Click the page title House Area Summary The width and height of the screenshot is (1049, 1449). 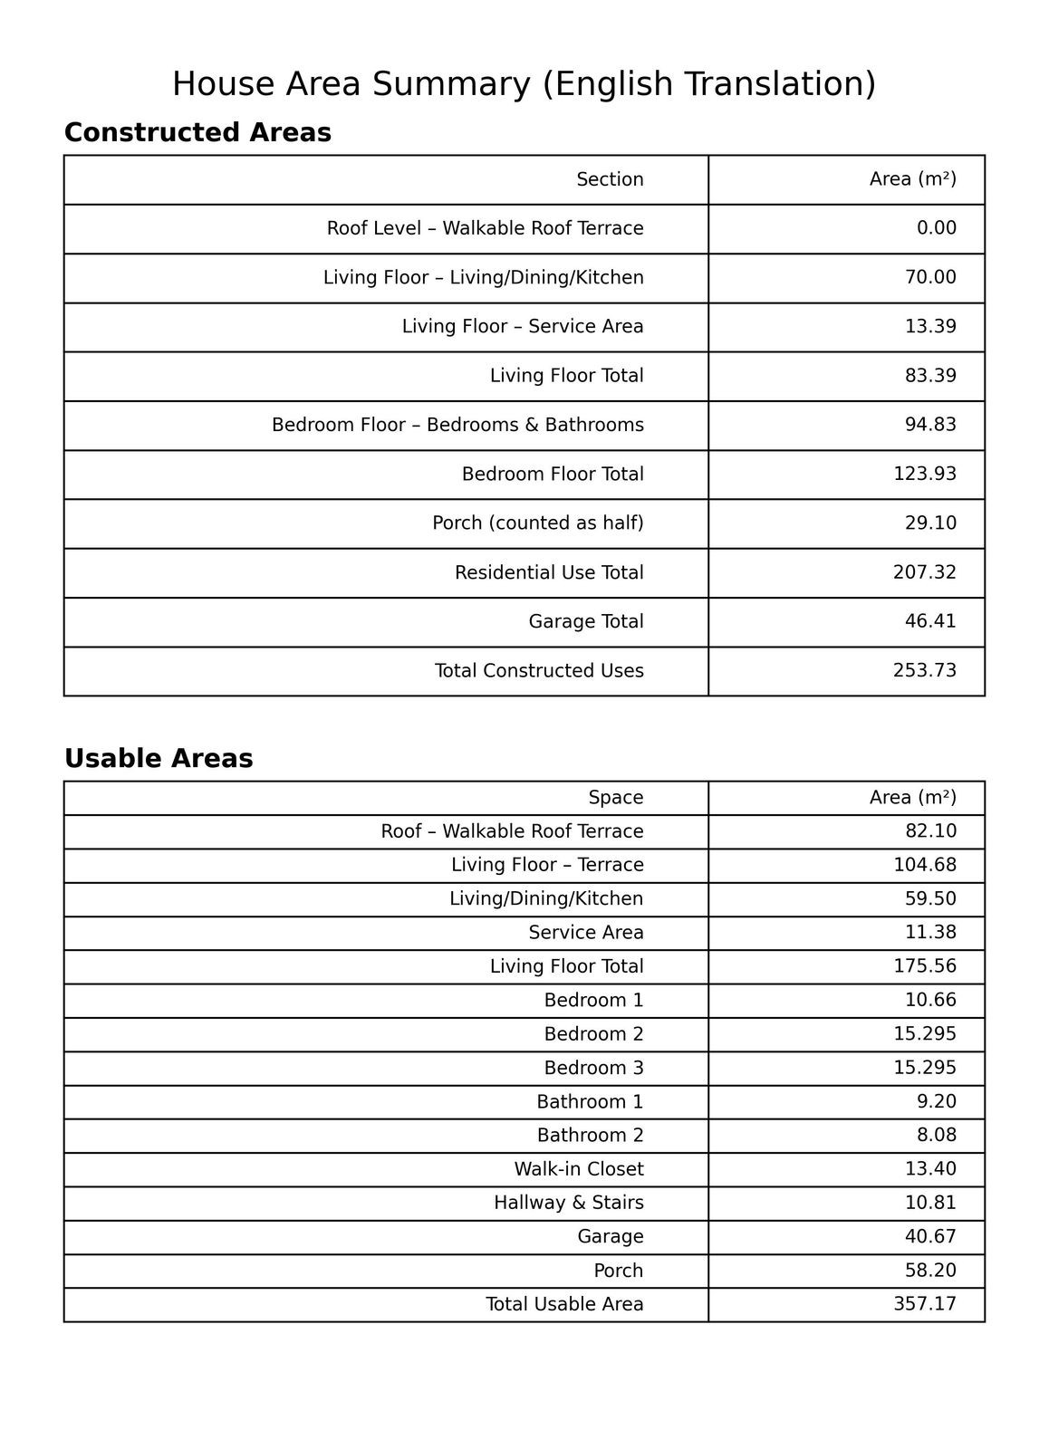click(524, 84)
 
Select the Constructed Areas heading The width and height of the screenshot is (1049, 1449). click(197, 133)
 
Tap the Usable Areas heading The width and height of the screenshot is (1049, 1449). click(159, 759)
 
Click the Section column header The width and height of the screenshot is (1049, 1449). click(610, 179)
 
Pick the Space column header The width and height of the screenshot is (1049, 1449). click(615, 798)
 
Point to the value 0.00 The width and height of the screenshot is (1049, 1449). click(936, 228)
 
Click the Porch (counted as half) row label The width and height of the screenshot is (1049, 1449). click(537, 523)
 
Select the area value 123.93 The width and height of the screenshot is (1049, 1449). click(924, 475)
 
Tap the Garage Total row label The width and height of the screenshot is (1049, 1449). click(585, 622)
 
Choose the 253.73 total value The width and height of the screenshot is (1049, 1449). click(924, 671)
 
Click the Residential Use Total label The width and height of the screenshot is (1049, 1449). click(549, 573)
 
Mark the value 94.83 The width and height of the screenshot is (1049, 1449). click(930, 425)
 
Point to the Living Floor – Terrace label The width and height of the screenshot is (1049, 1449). click(547, 865)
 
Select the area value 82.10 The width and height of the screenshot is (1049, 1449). click(930, 831)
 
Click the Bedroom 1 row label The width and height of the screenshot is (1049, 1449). click(593, 1001)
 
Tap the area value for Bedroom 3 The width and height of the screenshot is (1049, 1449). click(924, 1068)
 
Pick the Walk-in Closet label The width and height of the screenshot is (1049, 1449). click(578, 1169)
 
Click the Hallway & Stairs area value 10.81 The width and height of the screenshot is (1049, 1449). click(930, 1203)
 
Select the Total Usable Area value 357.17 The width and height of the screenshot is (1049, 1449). click(924, 1304)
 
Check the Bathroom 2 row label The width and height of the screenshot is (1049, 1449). click(590, 1136)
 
